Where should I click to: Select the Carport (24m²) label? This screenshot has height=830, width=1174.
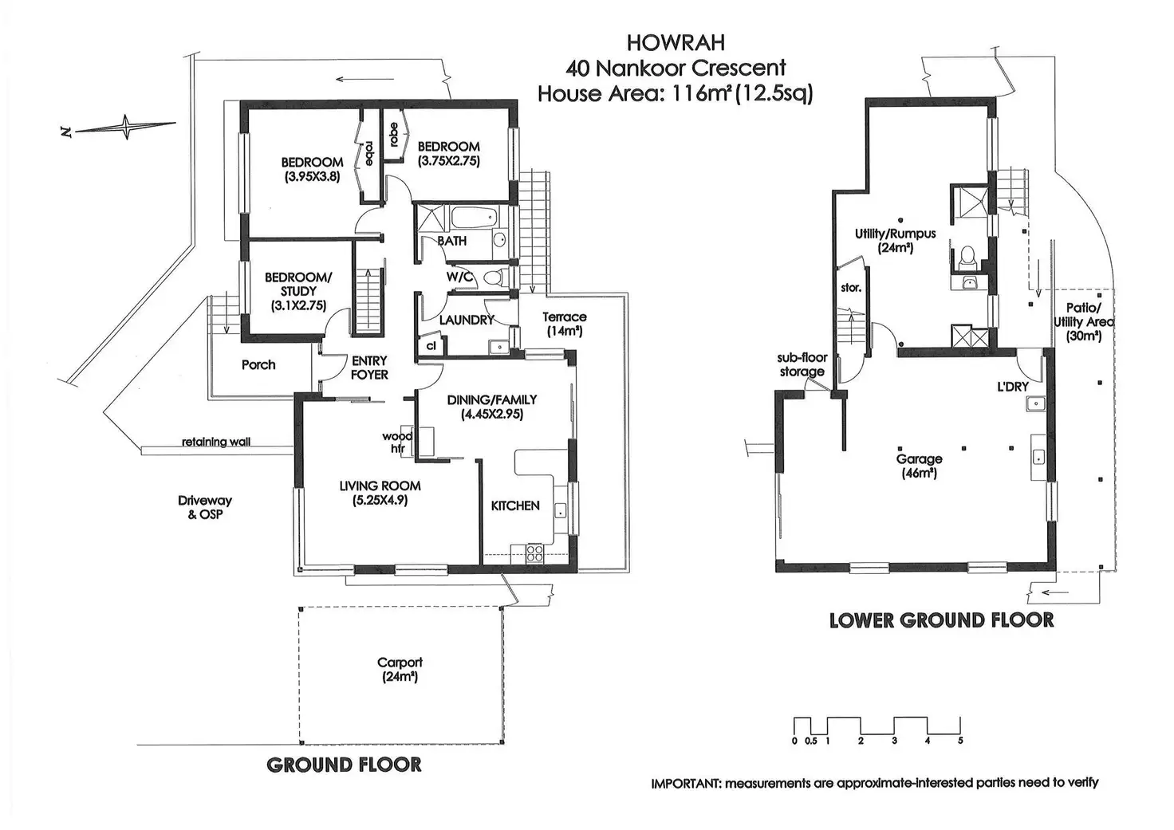click(400, 670)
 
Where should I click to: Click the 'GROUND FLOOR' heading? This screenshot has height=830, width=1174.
click(344, 765)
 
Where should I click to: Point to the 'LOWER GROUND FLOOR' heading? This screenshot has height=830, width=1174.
click(941, 620)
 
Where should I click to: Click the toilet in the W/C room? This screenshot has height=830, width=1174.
click(495, 277)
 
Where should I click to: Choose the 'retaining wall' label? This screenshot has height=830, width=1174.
click(215, 442)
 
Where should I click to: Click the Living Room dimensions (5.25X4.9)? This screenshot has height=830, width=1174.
click(380, 501)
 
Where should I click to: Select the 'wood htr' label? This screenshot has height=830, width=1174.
click(397, 443)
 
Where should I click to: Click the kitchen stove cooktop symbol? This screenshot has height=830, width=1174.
click(533, 551)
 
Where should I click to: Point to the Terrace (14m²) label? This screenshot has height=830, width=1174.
click(565, 323)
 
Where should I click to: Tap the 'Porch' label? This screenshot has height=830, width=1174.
click(258, 364)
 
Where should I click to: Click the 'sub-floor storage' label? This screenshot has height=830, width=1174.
click(802, 364)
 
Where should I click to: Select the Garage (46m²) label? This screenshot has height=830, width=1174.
click(920, 466)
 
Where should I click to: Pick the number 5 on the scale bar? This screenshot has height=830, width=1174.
click(960, 740)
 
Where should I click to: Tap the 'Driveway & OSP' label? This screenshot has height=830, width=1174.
click(205, 507)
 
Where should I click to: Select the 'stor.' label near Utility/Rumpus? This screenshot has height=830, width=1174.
click(851, 288)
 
